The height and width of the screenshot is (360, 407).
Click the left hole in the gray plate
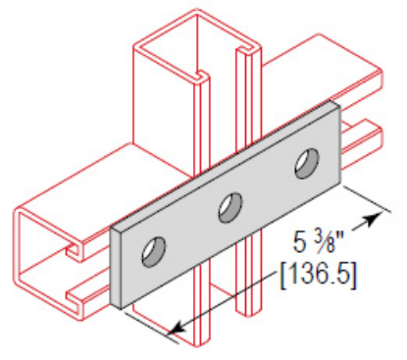(x=153, y=252)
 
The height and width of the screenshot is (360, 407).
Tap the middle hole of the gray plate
(x=230, y=207)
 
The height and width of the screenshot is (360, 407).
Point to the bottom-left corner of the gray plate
(x=120, y=306)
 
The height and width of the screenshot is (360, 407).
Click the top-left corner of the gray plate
(x=111, y=229)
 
